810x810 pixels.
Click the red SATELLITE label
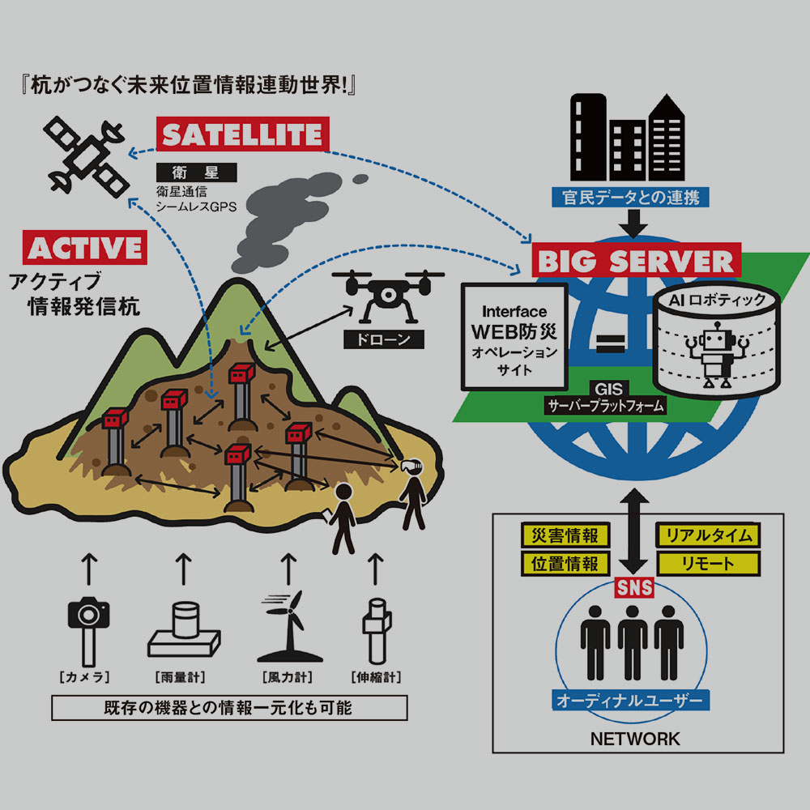(242, 135)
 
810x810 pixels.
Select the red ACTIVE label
(86, 246)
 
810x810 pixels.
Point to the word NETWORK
(635, 739)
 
